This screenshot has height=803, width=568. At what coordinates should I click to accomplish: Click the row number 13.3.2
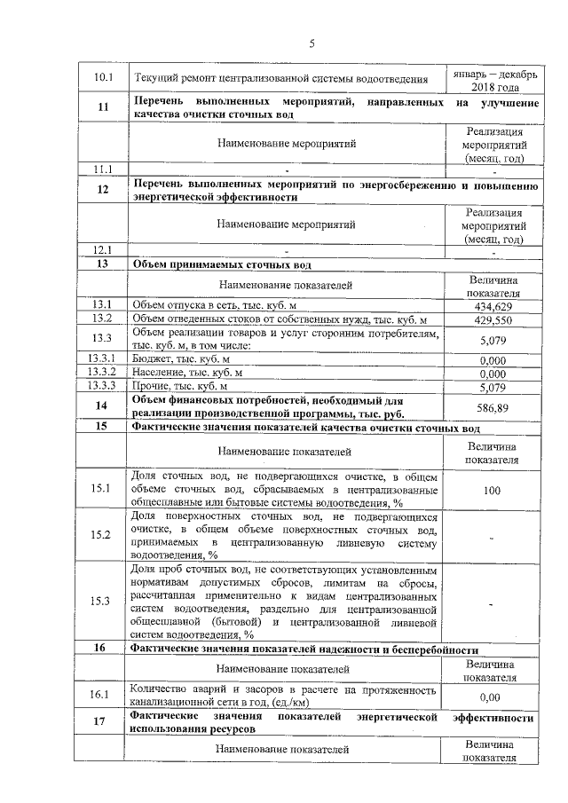(103, 374)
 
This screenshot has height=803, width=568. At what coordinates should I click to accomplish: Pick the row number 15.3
(103, 602)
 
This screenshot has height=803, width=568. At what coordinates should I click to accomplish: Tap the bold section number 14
(103, 405)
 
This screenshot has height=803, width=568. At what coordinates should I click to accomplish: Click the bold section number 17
(103, 721)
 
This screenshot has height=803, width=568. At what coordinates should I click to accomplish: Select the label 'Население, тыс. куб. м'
(185, 374)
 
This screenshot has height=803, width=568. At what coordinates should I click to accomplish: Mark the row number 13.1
(103, 305)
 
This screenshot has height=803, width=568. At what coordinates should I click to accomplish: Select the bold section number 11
(103, 108)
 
